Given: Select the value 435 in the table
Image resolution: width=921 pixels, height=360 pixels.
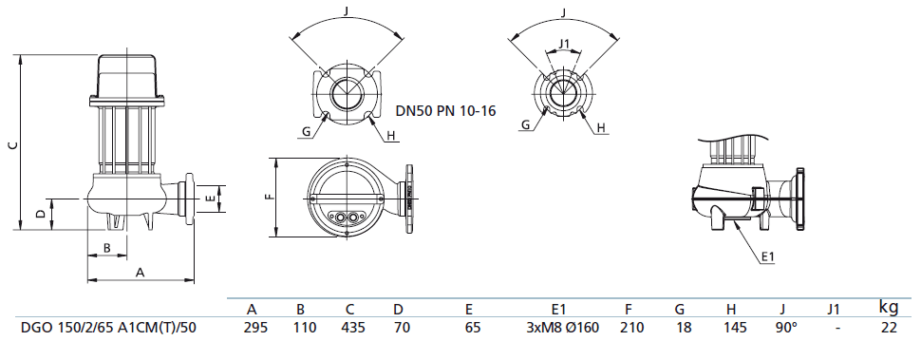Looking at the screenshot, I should [350, 328].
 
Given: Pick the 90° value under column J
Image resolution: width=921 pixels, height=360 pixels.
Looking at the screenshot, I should [781, 328].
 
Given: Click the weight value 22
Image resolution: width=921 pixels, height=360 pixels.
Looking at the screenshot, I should [889, 328].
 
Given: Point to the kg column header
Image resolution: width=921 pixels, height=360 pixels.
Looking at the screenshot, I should [889, 306].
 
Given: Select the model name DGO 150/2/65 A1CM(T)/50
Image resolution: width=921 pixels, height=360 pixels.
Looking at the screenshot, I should [108, 328].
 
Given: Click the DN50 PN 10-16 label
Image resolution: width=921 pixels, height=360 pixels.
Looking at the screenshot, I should [444, 110].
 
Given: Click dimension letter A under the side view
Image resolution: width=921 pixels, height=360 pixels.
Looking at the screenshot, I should [141, 272].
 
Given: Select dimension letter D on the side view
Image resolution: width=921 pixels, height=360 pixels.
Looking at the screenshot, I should [40, 214].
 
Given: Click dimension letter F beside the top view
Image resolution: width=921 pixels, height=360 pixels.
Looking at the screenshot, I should [269, 198].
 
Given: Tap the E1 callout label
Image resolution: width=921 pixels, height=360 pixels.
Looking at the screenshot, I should [769, 256].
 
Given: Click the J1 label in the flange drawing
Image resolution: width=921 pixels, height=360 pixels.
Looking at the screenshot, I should [564, 44].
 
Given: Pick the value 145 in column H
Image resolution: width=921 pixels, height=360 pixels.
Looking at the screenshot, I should [730, 328].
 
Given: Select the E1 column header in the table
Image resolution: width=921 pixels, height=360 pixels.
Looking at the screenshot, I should [558, 309].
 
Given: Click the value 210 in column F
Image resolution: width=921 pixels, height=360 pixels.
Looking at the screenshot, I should [630, 328].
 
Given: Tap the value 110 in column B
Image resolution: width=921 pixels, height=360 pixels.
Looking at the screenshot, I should [300, 328].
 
